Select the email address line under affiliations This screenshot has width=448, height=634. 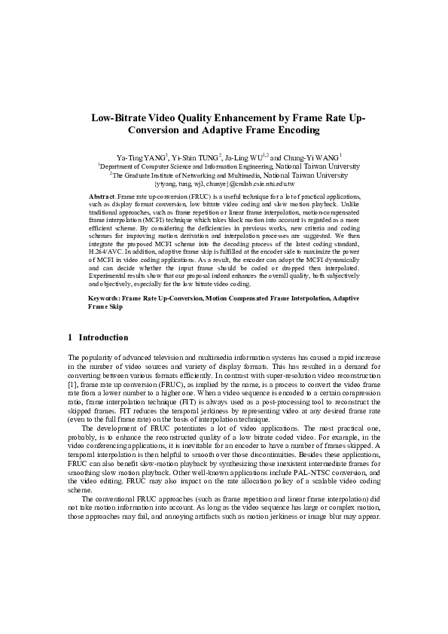[224, 183]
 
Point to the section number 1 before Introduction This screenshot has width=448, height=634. [70, 337]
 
